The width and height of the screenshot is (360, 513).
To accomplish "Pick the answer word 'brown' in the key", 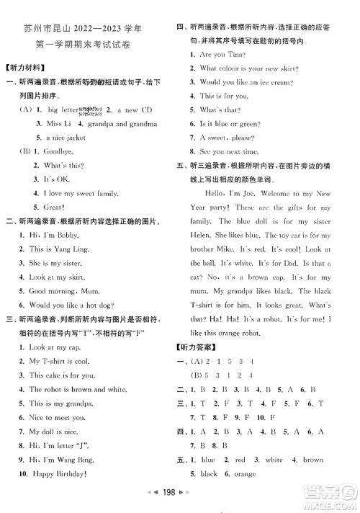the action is [x=313, y=459].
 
